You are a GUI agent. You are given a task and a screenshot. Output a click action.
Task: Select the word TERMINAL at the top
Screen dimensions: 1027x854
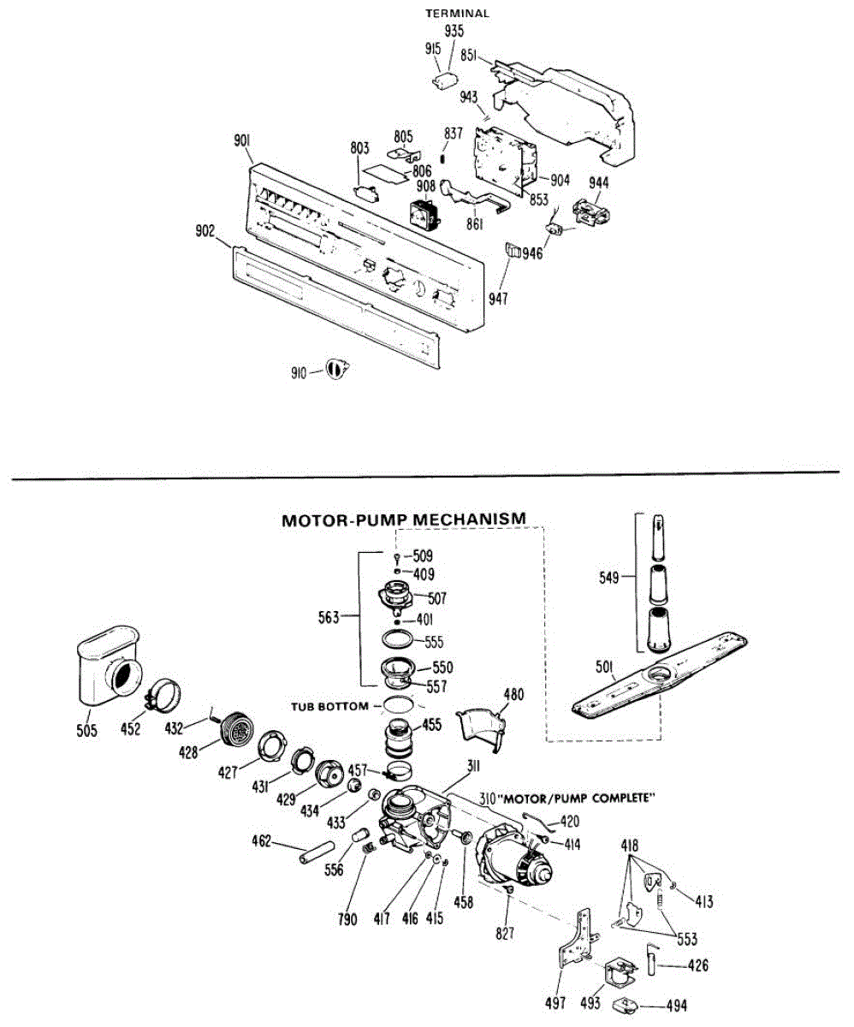tap(458, 14)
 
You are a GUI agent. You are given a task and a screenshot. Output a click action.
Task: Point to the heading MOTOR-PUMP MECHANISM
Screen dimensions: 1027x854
tap(403, 519)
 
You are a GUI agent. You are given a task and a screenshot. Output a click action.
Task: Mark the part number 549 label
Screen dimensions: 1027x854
tap(609, 578)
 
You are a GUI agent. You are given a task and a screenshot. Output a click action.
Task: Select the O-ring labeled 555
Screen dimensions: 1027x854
tap(398, 639)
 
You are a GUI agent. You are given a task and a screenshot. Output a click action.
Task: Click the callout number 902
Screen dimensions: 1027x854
tap(204, 232)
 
